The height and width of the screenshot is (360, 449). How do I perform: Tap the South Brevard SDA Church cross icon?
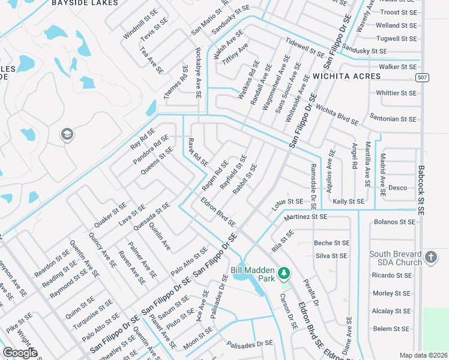(430, 258)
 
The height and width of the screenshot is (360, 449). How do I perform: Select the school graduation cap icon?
(67, 135)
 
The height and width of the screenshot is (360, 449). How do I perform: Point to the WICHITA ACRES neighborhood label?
(346, 77)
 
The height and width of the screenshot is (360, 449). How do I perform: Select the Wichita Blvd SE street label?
(337, 115)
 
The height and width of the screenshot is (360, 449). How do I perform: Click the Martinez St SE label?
(306, 216)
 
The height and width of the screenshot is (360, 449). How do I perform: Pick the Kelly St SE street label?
(348, 202)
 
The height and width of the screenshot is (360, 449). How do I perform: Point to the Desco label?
(397, 188)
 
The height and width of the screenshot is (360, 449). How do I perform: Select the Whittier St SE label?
(396, 93)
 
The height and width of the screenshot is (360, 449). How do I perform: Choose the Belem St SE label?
(391, 329)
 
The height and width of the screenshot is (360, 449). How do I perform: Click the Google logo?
(20, 353)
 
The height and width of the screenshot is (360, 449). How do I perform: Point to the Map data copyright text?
(423, 355)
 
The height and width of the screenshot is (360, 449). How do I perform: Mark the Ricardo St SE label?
(391, 275)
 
